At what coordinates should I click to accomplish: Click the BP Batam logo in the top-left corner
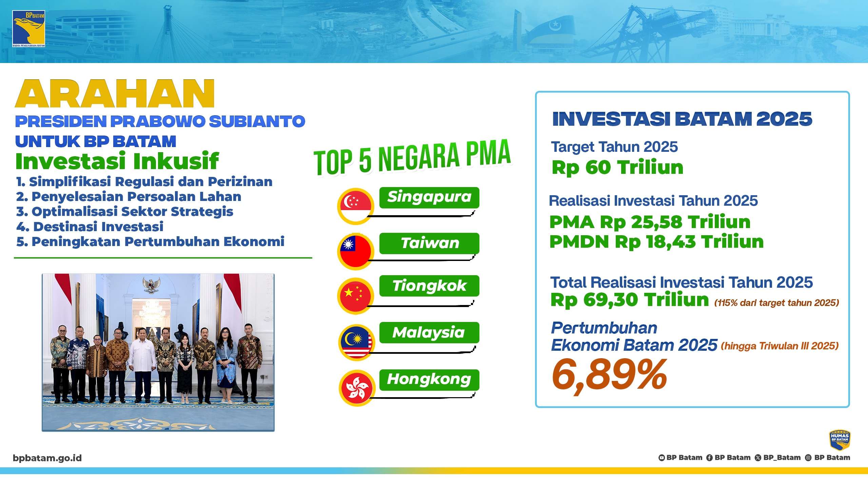pyautogui.click(x=28, y=29)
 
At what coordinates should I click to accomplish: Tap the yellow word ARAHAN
pyautogui.click(x=115, y=94)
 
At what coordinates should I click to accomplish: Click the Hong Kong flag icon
pyautogui.click(x=357, y=388)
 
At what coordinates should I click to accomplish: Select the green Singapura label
pyautogui.click(x=429, y=198)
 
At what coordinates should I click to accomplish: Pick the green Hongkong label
pyautogui.click(x=429, y=380)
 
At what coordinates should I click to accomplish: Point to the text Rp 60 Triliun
pyautogui.click(x=617, y=168)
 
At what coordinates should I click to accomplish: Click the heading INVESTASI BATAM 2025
pyautogui.click(x=682, y=119)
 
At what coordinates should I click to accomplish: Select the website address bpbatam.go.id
pyautogui.click(x=47, y=458)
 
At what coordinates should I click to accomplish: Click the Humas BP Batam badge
pyautogui.click(x=839, y=440)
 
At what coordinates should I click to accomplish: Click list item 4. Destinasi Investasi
pyautogui.click(x=90, y=227)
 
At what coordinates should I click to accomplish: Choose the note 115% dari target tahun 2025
pyautogui.click(x=776, y=303)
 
